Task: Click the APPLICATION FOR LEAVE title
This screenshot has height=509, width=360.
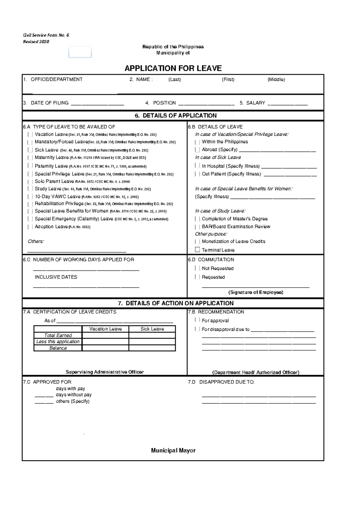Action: (173, 68)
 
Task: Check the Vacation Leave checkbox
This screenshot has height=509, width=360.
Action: (30, 134)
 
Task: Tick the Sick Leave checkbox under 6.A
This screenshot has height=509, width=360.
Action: (30, 150)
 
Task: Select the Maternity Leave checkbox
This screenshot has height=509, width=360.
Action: (30, 158)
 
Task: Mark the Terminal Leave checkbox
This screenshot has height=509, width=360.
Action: (197, 250)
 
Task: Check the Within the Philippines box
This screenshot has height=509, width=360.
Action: (197, 142)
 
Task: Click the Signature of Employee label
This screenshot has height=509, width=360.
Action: (256, 292)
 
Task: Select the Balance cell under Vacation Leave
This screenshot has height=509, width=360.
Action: (105, 348)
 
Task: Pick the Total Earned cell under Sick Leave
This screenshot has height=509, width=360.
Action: (152, 335)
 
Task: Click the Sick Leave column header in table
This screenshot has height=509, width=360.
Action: (152, 329)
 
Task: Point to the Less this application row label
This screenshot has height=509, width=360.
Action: (58, 342)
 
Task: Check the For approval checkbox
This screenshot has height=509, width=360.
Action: (197, 320)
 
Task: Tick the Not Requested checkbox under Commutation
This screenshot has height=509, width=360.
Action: (197, 268)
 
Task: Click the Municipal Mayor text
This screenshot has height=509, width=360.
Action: (173, 450)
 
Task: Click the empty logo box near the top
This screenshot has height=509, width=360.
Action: (80, 52)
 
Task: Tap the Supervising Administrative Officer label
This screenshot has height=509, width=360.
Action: (105, 372)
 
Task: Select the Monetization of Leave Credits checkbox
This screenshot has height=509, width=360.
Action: (197, 242)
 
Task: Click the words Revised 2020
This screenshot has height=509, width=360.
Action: (36, 42)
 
